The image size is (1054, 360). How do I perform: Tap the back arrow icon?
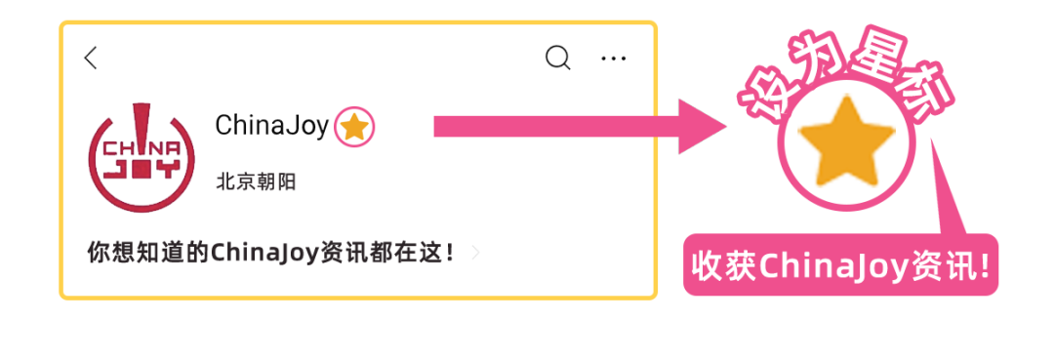[x=91, y=58]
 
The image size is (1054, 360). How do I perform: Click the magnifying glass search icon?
[x=557, y=58]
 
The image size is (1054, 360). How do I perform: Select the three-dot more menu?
[x=613, y=59]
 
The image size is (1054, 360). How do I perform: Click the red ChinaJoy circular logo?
[x=142, y=158]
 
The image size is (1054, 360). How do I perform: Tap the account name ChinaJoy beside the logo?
[x=272, y=126]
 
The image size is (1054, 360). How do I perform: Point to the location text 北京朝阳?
[x=256, y=182]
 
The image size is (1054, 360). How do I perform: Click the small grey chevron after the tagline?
[x=476, y=253]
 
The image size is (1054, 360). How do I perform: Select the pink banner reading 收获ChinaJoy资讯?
[x=840, y=264]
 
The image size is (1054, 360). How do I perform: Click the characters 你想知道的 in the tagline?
[x=148, y=254]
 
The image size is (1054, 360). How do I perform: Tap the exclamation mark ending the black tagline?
[x=450, y=254]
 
